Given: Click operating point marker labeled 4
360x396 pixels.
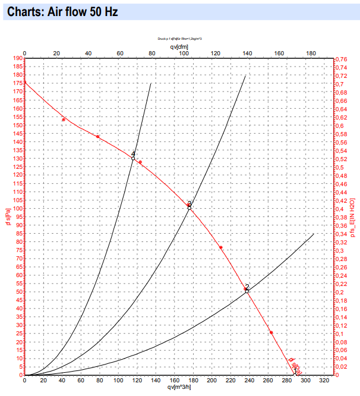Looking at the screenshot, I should point(133,158).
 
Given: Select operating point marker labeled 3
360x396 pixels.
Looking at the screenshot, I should point(190,208).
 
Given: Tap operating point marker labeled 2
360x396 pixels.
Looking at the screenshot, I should point(247,291).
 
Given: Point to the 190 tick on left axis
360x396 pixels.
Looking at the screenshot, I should point(16,59).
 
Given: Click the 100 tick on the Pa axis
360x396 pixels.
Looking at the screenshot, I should point(16,209).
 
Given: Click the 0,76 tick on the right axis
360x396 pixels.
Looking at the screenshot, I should point(342,59).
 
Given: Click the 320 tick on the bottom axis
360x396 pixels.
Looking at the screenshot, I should point(323,381).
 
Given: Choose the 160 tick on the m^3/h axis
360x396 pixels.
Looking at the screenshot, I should point(173,381).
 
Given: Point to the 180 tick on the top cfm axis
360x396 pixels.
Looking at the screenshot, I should point(311,53).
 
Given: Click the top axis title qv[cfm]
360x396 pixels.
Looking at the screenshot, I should point(179,46).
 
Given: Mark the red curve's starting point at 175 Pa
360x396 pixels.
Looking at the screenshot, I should point(24,83).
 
